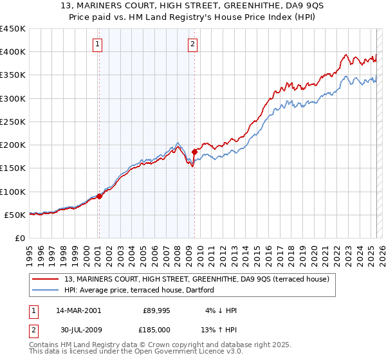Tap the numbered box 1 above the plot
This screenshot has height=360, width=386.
[x=97, y=44]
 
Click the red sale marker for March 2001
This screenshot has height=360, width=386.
[x=100, y=196]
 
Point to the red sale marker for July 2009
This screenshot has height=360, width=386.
[x=194, y=152]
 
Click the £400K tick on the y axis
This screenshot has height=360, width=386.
[x=13, y=52]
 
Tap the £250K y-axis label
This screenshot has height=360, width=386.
[x=13, y=122]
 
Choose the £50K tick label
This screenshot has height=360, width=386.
[x=15, y=215]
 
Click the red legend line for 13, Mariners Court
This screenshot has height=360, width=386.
[x=46, y=279]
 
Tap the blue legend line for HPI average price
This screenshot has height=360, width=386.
[x=46, y=291]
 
